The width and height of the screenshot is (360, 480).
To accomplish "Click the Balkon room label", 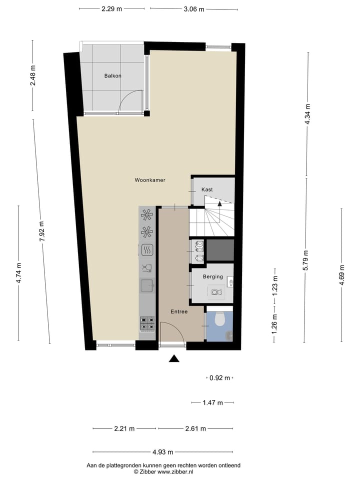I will pos(112,76).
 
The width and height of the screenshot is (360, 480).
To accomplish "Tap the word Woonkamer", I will pos(150,180).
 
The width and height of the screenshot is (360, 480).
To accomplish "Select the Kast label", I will pos(207,190).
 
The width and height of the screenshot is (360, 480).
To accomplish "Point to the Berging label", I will pos(213,276).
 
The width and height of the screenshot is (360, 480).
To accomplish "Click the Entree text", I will pos(178,311).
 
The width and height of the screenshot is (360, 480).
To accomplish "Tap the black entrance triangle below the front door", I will pos(173,358).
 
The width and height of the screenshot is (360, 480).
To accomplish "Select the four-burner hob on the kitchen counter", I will pos(147,323).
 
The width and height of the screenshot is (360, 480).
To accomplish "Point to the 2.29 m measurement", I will pos(112,9).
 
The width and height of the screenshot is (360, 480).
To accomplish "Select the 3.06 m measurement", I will pos(193,9).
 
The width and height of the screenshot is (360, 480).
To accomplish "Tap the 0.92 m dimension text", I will pos(220,378).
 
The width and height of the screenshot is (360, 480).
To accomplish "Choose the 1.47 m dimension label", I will pos(212,402).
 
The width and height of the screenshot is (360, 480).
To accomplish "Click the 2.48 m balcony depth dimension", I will pos(32,75).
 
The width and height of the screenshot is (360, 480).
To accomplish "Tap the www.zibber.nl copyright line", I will pos(163,471).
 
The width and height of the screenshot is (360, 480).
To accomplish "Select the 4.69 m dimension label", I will pos(342,274).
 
